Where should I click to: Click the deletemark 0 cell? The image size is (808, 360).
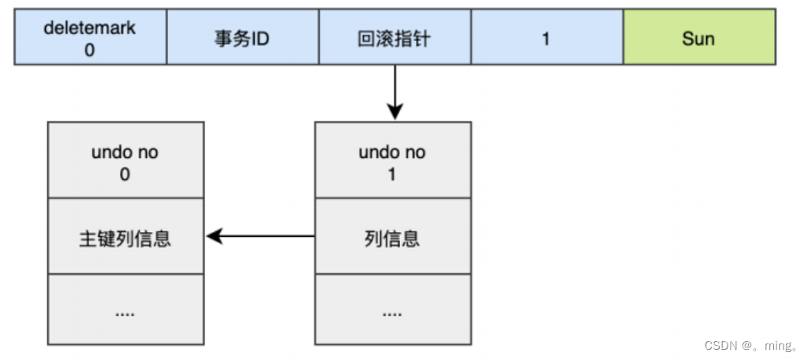click(91, 38)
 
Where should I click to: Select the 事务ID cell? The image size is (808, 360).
click(242, 38)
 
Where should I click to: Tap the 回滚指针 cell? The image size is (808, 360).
click(395, 38)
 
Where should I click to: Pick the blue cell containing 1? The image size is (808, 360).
click(547, 38)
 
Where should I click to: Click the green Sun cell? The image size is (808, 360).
click(699, 38)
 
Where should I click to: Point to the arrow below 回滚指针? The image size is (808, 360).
click(395, 92)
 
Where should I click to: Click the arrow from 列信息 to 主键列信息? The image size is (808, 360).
click(260, 235)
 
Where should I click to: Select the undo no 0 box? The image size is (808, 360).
click(125, 161)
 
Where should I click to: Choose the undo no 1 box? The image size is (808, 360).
click(392, 161)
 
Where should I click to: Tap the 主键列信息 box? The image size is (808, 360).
click(125, 238)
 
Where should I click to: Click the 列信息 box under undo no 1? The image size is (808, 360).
click(392, 238)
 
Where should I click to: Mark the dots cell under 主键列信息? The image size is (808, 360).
click(125, 311)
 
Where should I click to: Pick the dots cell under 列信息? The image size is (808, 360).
click(392, 311)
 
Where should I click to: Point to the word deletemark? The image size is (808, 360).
click(91, 28)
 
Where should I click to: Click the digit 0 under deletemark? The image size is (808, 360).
click(91, 48)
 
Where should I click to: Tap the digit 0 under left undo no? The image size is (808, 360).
click(125, 173)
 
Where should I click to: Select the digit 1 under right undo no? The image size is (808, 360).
click(392, 173)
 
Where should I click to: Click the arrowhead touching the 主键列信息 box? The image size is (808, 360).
click(213, 235)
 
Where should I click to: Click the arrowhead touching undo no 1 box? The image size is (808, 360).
click(395, 112)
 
